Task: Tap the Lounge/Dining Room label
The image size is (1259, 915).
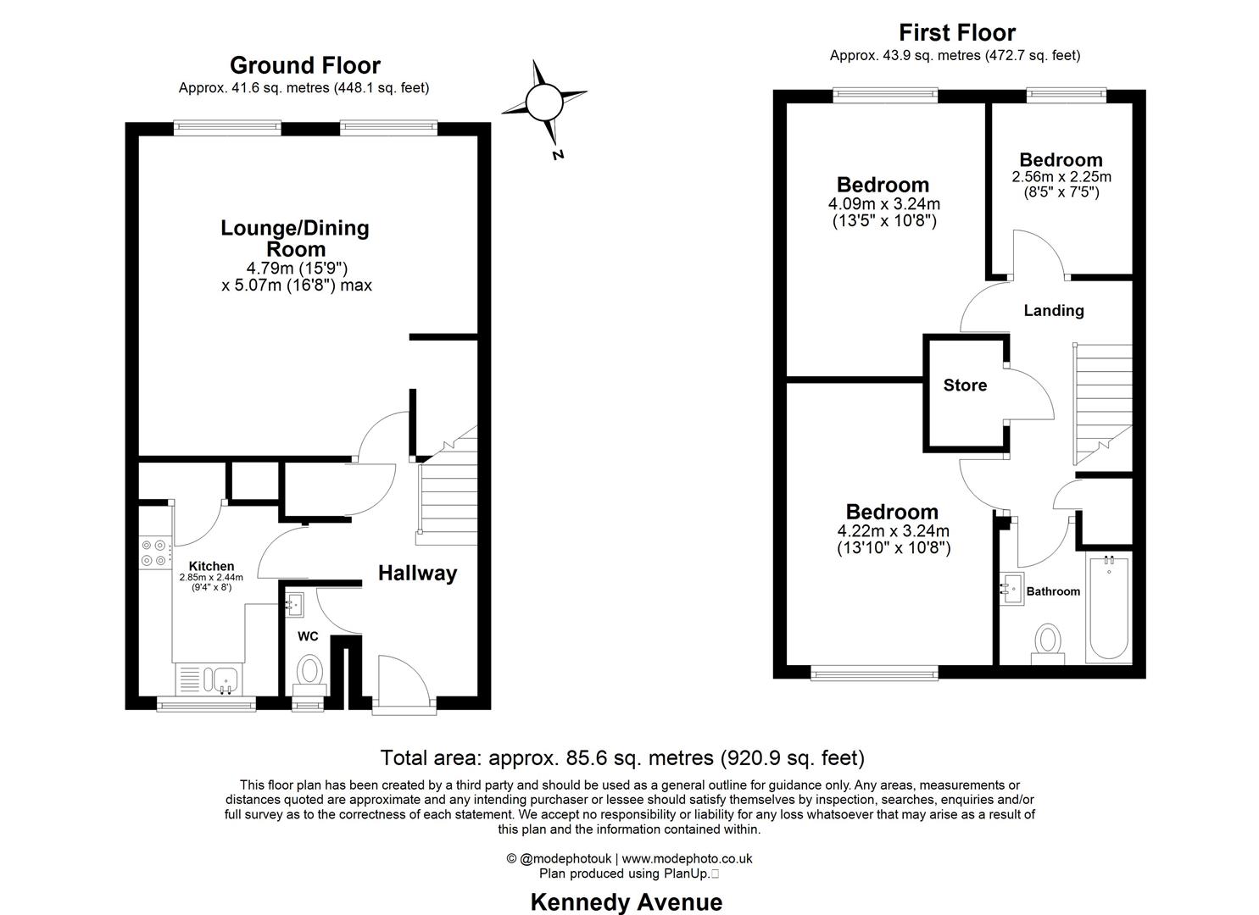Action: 295,238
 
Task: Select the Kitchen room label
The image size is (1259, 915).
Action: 211,566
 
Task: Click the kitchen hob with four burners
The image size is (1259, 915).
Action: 154,552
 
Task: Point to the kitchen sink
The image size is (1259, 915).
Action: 225,679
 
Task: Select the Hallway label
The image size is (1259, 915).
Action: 417,574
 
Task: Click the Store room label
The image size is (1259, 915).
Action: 965,385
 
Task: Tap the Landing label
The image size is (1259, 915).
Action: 1053,311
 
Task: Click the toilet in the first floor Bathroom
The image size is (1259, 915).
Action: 1049,644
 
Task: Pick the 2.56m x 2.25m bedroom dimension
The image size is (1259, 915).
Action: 1061,177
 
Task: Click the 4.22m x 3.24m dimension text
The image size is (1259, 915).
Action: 894,531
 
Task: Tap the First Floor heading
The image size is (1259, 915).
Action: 956,33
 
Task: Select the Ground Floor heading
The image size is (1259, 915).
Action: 304,65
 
